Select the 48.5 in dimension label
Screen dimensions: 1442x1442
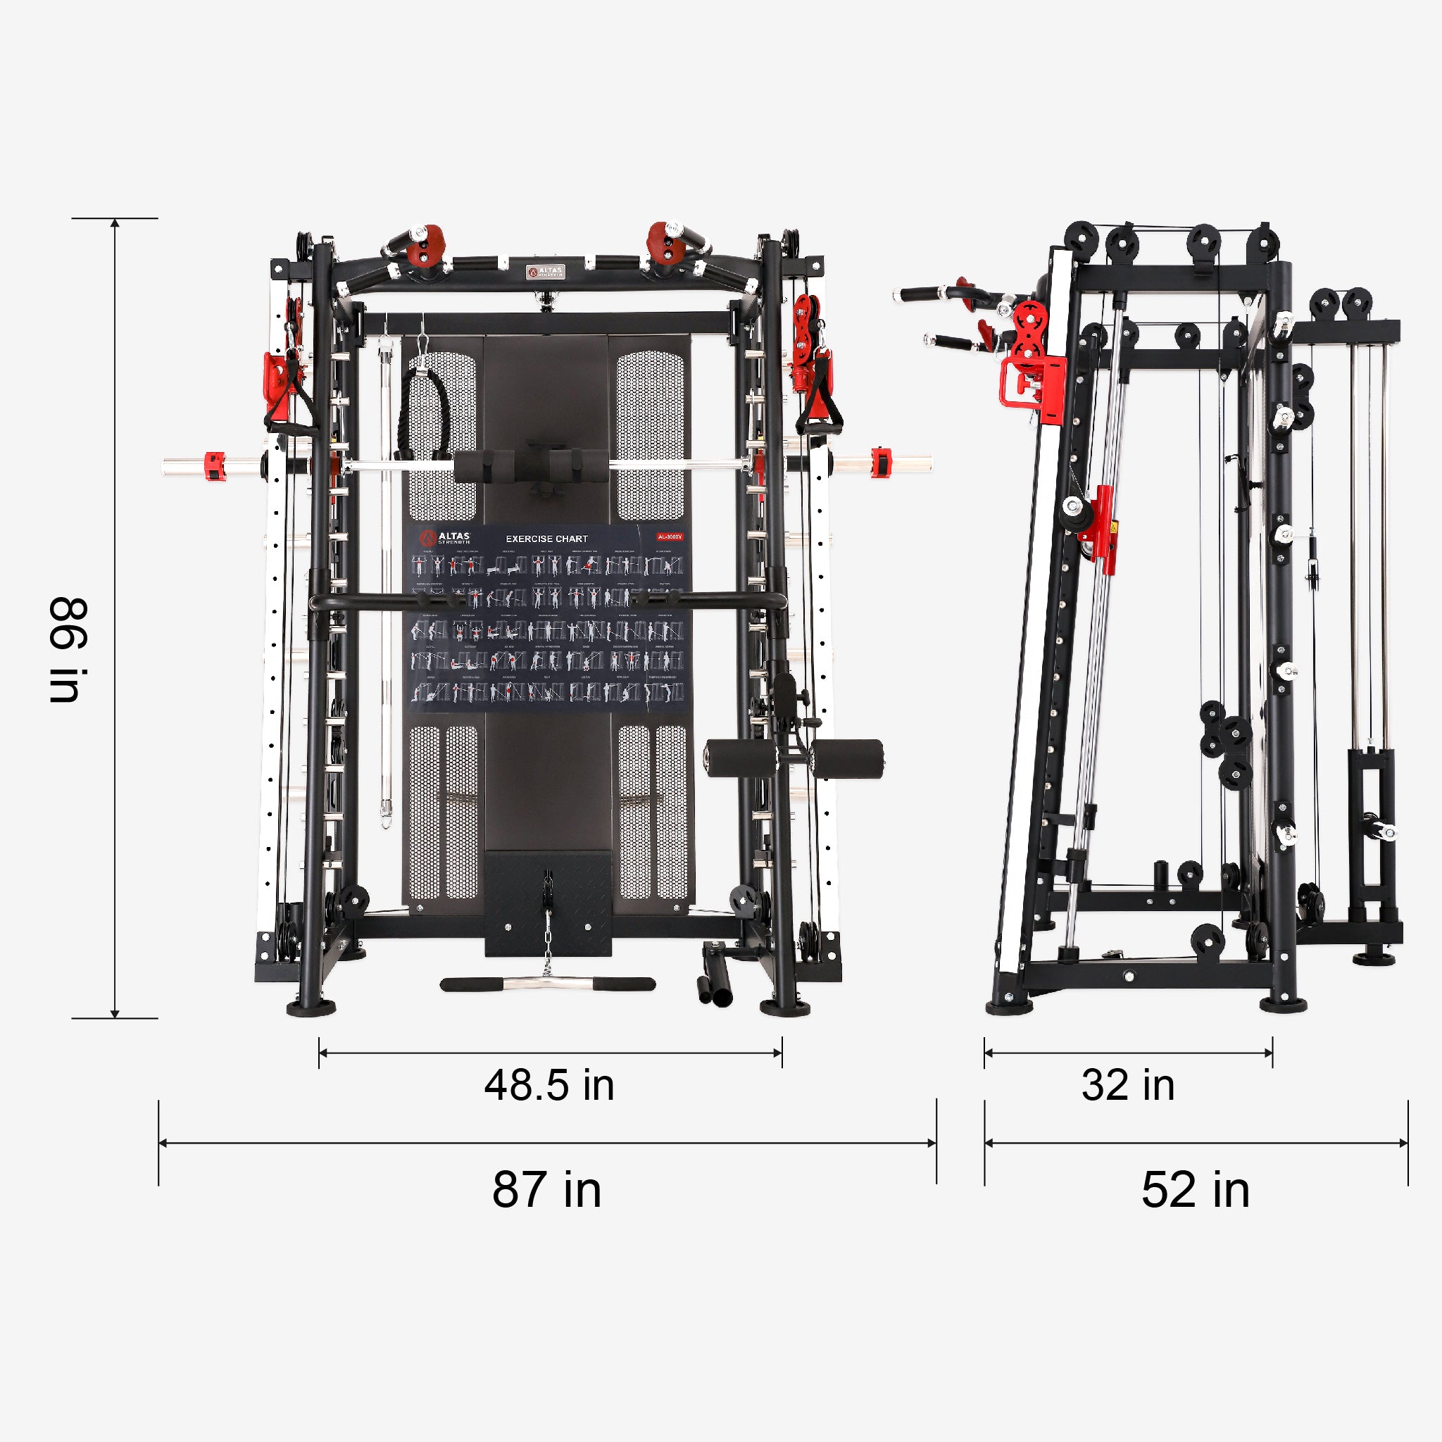point(549,1085)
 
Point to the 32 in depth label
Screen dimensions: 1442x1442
point(1128,1085)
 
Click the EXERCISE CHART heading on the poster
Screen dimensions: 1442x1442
point(546,538)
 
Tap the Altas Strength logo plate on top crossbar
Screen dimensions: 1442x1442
point(546,272)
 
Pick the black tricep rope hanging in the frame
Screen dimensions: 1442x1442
point(425,410)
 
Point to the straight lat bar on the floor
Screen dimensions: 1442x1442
point(547,984)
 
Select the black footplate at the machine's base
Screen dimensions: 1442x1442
point(548,904)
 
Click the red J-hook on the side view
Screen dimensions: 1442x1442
point(1032,381)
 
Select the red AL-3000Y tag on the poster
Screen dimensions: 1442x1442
point(670,537)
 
